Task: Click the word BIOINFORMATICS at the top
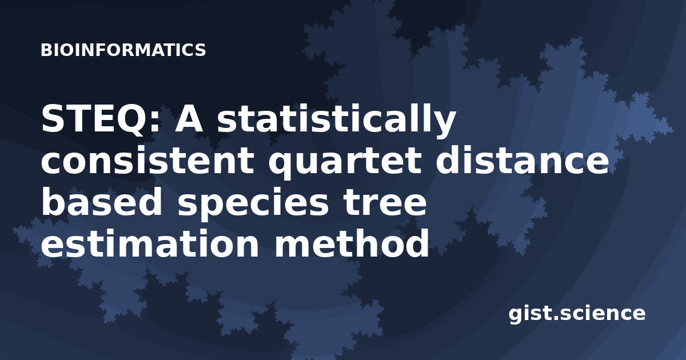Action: [x=123, y=50]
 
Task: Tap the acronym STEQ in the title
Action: [x=98, y=119]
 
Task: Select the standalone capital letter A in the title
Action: [x=189, y=119]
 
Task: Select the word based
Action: [x=101, y=201]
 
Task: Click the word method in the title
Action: [x=351, y=243]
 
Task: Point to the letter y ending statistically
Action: [x=443, y=126]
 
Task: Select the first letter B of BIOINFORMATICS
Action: [x=46, y=50]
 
